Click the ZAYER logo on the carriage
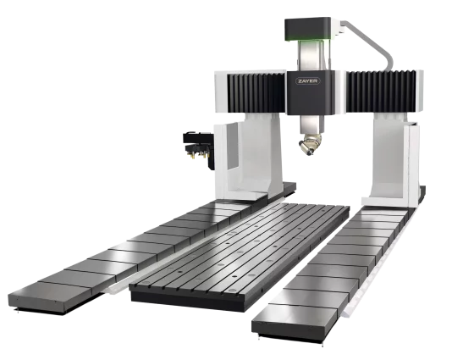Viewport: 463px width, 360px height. pyautogui.click(x=308, y=80)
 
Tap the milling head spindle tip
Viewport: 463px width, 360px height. pyautogui.click(x=309, y=152)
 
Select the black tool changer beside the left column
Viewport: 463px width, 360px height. pyautogui.click(x=198, y=149)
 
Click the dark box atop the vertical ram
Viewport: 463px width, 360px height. pyautogui.click(x=307, y=29)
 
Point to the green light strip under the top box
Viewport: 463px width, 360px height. pyautogui.click(x=307, y=40)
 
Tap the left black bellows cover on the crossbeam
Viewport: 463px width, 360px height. pyautogui.click(x=256, y=92)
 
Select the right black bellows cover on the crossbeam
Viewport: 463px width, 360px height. pyautogui.click(x=381, y=91)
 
